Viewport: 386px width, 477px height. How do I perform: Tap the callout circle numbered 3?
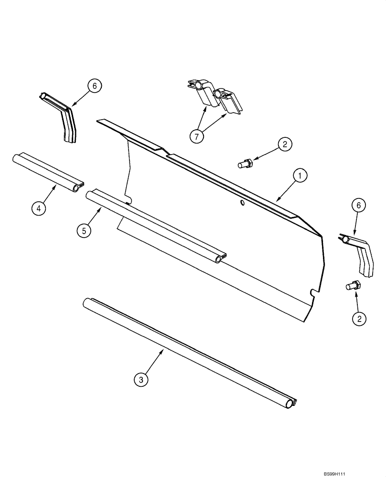140,380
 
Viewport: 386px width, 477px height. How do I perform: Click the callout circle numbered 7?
196,136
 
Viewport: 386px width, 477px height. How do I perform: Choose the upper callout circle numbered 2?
284,144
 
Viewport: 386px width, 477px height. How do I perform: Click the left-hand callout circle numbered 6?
94,86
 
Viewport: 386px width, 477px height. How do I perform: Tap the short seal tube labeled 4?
48,172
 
